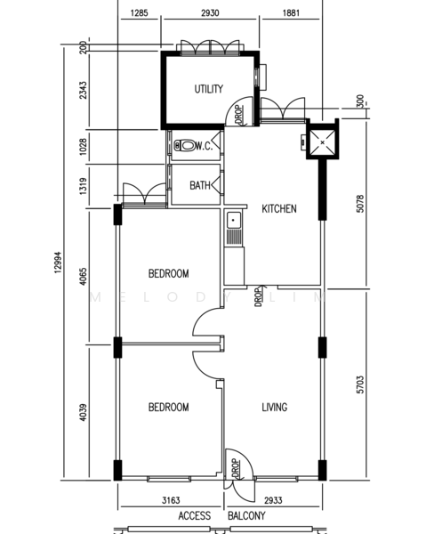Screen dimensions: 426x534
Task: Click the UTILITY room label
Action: [209, 89]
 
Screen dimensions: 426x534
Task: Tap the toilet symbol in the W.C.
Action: [184, 146]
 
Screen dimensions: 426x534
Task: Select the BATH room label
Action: [200, 185]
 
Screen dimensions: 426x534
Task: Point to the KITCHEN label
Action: [279, 208]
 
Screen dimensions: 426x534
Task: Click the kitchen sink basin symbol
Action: [233, 221]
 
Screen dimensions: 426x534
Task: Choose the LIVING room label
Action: [274, 407]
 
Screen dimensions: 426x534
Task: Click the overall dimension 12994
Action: [58, 263]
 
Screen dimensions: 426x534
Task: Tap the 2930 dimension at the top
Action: [210, 13]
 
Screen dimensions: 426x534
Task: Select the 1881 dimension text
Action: [291, 13]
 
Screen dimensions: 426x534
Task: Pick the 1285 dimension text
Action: [139, 13]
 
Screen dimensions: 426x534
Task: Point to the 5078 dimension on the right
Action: [360, 204]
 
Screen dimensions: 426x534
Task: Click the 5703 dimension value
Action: [360, 384]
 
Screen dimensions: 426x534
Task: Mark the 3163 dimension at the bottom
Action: [171, 500]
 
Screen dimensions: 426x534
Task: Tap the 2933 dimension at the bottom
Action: [273, 500]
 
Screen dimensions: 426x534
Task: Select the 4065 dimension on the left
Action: [83, 277]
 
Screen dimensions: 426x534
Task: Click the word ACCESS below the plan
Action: [194, 515]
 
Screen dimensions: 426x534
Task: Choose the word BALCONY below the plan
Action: [246, 515]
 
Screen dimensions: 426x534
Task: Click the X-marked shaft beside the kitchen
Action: [322, 142]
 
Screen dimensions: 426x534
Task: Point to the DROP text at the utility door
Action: [239, 115]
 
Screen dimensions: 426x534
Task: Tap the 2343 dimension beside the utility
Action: [83, 90]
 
